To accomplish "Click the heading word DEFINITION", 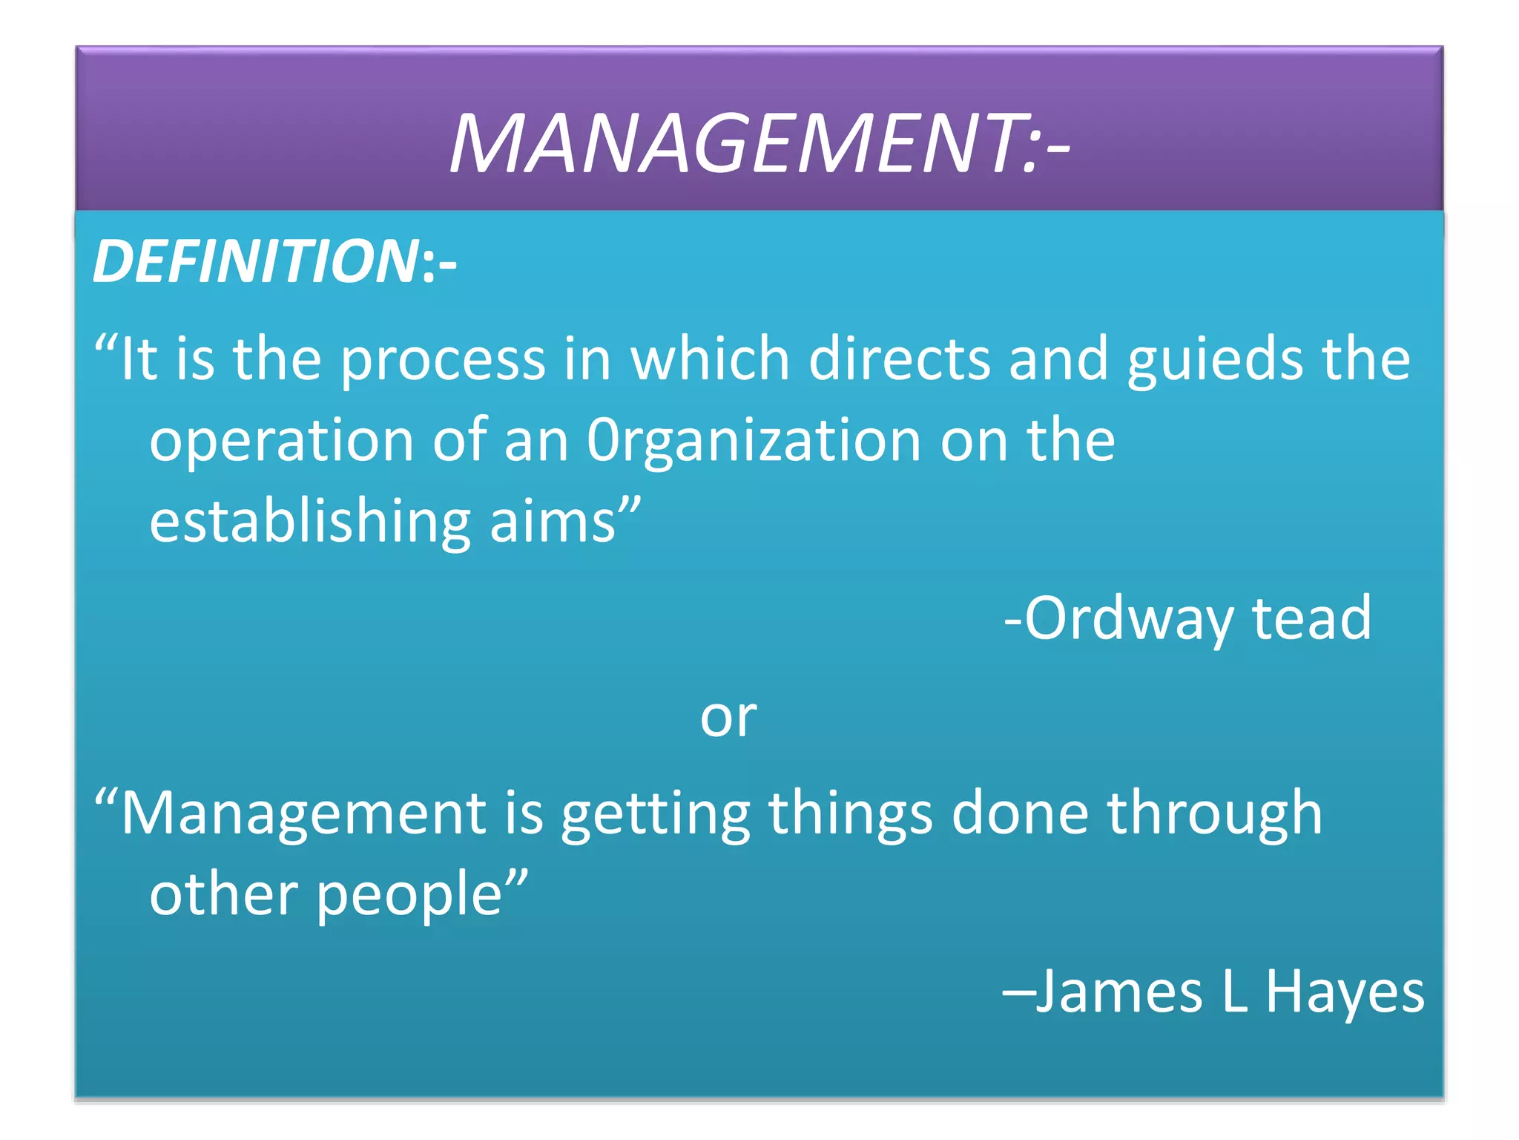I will click(256, 261).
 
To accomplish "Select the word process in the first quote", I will click(443, 361).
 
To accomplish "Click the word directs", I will click(899, 359).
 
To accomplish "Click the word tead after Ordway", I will click(1311, 617).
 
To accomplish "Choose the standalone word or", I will click(728, 717).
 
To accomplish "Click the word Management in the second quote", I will click(303, 813).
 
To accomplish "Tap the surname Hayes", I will click(1345, 993).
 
